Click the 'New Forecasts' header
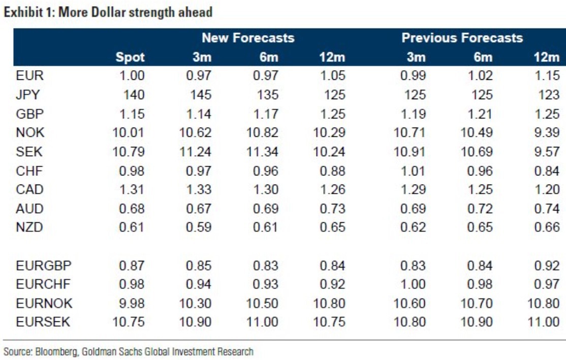tap(248, 38)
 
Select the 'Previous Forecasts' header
tap(462, 38)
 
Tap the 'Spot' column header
tap(130, 57)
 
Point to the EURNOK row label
tap(44, 303)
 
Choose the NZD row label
tap(29, 227)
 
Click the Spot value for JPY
tap(134, 95)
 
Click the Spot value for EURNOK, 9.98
tap(131, 303)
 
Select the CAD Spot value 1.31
tap(131, 189)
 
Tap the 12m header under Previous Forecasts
tap(547, 57)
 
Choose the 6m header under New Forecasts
tap(268, 57)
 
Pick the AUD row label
tap(29, 208)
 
